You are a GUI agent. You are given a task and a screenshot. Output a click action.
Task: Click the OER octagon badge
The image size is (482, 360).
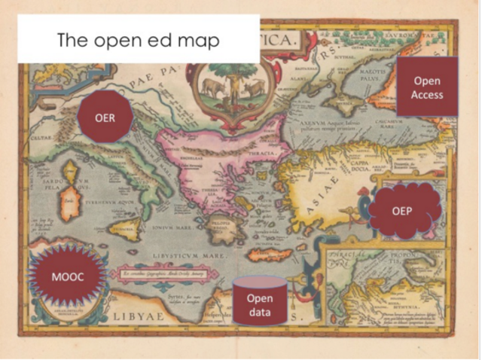[x=106, y=117]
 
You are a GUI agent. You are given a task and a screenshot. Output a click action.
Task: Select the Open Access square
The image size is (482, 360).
[x=427, y=87]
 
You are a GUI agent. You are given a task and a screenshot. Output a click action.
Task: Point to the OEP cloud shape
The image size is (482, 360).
[x=400, y=211]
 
